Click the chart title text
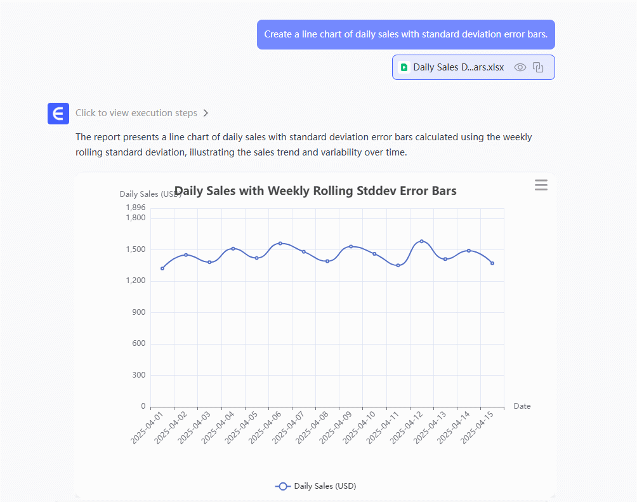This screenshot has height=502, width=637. [x=315, y=191]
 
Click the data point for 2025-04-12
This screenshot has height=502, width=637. [x=421, y=241]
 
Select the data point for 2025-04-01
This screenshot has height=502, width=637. [x=162, y=268]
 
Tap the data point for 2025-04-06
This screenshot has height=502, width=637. [x=280, y=243]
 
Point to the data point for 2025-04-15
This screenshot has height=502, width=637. [x=492, y=263]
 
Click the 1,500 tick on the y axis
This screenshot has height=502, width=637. [x=135, y=249]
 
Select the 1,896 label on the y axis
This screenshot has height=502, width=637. [x=135, y=208]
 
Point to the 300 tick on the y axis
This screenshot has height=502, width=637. [x=138, y=375]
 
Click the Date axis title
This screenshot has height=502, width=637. [x=522, y=406]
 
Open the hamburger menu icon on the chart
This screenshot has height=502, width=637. [x=541, y=185]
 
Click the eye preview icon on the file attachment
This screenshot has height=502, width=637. [x=520, y=67]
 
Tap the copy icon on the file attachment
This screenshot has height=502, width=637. [x=538, y=67]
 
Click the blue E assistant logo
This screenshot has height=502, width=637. [x=58, y=114]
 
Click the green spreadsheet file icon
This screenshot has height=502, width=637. [x=404, y=67]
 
